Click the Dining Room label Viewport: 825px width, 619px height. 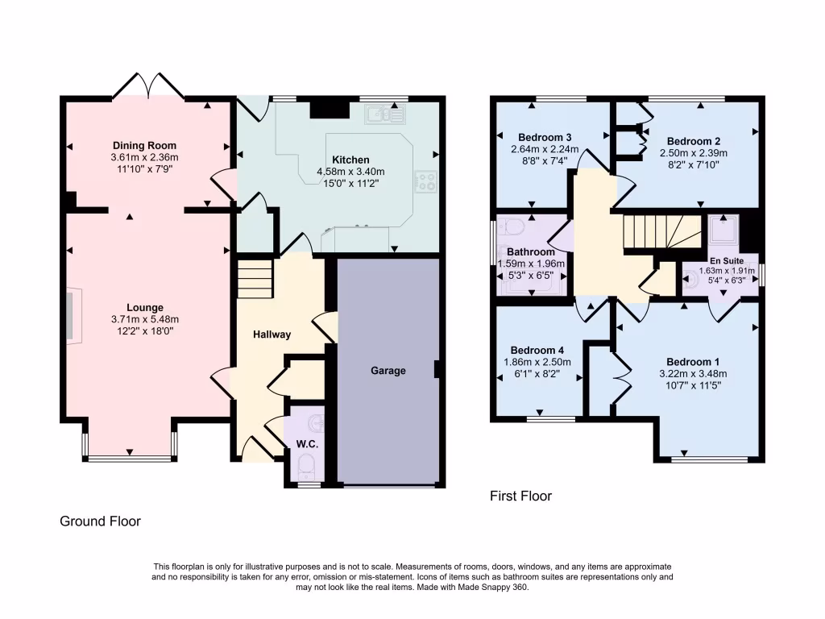(x=145, y=146)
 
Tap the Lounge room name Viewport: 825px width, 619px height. (x=145, y=307)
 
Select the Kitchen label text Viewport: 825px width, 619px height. (x=350, y=160)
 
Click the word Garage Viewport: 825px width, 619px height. (x=388, y=371)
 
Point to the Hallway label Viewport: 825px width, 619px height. (x=272, y=334)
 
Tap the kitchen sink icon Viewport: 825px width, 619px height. (x=386, y=115)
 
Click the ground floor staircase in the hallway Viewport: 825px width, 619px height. (x=255, y=277)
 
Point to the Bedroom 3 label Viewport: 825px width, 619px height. (x=545, y=136)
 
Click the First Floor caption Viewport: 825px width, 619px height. (x=520, y=496)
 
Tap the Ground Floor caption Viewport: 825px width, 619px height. (x=101, y=521)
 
